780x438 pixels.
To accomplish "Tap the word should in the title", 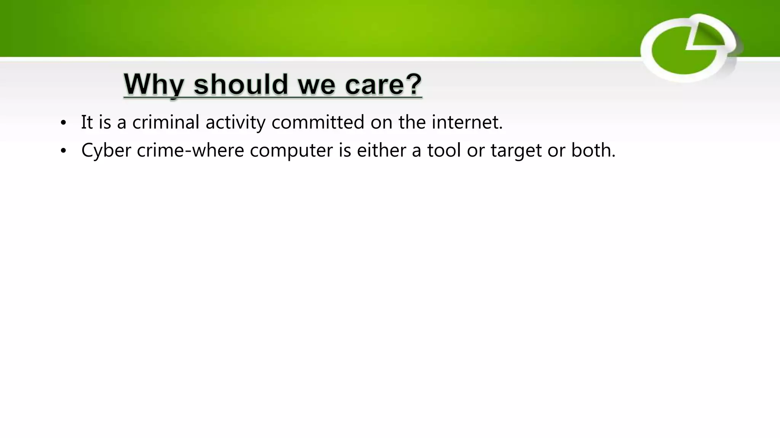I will click(241, 84).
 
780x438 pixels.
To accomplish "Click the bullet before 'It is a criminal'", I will click(63, 123).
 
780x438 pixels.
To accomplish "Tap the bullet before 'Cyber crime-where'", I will click(63, 151).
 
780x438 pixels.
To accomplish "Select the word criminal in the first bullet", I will click(166, 122).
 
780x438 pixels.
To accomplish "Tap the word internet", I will click(467, 122).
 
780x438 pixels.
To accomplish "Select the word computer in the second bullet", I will click(291, 151).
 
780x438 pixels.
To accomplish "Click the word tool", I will click(444, 150).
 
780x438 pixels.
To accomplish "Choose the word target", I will click(516, 151).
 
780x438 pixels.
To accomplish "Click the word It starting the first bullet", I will click(87, 122).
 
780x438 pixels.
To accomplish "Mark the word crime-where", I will click(190, 150).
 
